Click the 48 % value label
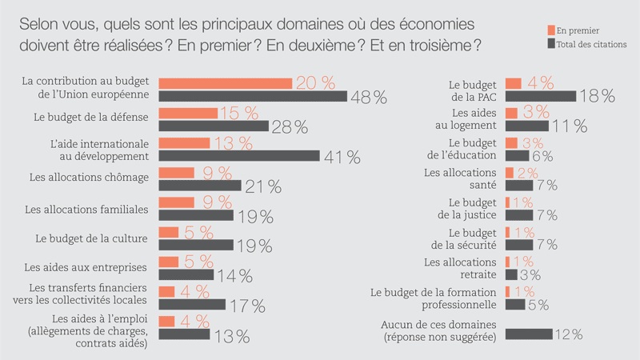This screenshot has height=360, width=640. click(369, 97)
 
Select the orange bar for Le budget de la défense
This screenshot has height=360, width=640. click(188, 113)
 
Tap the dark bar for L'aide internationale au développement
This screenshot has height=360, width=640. click(239, 155)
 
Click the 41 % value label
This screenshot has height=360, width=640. click(342, 157)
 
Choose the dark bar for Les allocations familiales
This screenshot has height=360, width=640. click(196, 215)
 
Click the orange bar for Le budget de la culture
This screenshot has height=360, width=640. click(169, 232)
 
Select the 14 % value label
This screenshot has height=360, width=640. click(234, 276)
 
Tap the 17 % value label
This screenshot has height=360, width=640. click(246, 306)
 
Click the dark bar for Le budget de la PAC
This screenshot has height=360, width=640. click(541, 96)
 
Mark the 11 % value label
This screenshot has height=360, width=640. click(569, 126)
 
